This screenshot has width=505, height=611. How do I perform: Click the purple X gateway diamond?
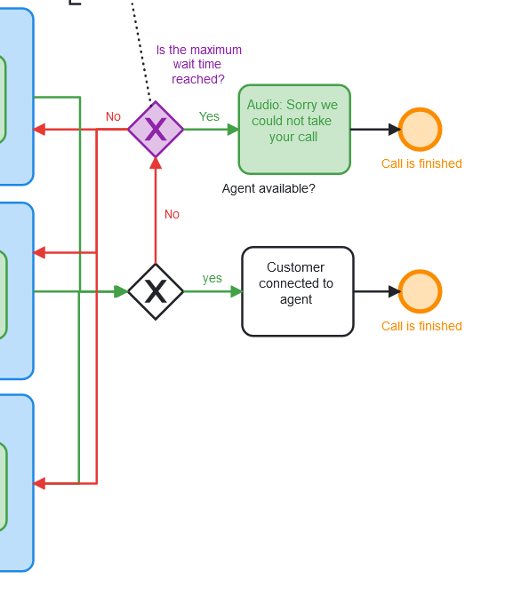(156, 130)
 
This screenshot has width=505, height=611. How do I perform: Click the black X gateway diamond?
(156, 291)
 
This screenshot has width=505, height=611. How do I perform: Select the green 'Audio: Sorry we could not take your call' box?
(294, 130)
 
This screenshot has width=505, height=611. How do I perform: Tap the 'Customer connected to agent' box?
(298, 291)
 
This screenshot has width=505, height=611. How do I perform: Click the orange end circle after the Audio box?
(420, 130)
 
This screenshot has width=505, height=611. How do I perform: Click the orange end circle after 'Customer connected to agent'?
(420, 291)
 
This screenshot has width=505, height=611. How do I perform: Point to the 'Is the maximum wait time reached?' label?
(198, 64)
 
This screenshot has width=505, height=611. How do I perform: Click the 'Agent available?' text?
(269, 188)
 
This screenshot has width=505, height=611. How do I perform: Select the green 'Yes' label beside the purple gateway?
(209, 116)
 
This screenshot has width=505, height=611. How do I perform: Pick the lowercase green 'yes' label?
(212, 278)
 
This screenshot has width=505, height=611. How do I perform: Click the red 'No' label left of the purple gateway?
(113, 116)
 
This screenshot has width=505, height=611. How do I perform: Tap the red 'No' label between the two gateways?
(172, 214)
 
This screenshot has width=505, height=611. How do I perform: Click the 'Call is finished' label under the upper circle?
(421, 163)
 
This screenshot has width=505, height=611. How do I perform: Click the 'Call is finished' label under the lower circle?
(421, 326)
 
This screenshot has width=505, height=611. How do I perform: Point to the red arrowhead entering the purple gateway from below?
(156, 163)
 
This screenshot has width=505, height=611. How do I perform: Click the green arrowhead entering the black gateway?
(121, 291)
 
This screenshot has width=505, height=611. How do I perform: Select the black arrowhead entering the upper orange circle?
(395, 130)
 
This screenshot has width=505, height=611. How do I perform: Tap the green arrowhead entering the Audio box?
(233, 130)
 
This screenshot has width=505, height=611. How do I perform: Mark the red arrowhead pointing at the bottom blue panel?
(39, 484)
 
